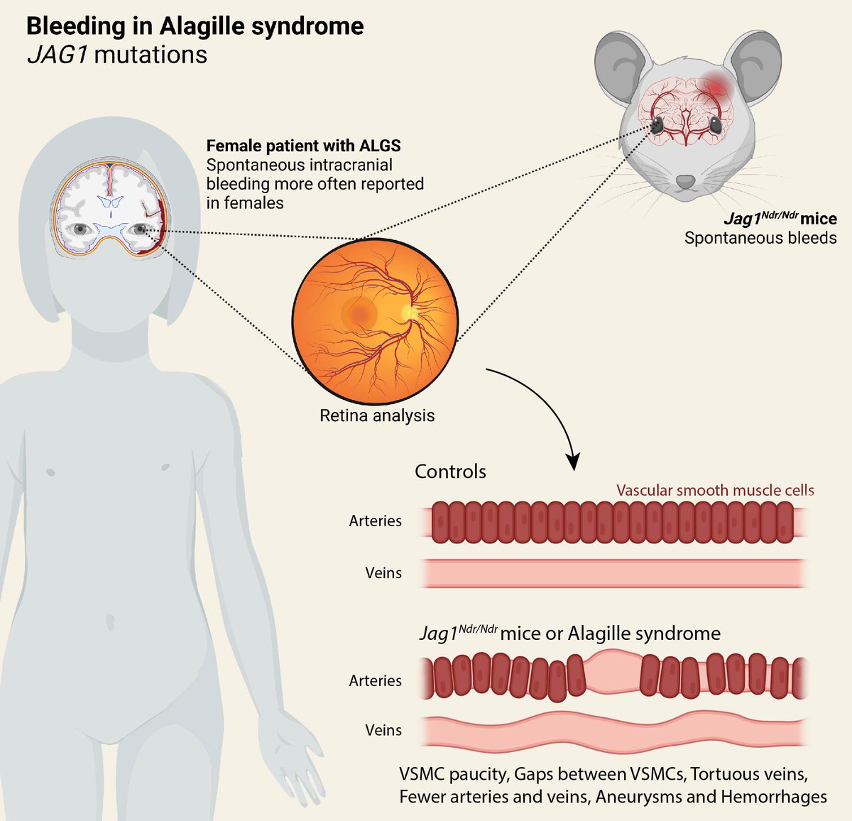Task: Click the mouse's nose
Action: coord(685,183)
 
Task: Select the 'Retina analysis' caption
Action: coord(377,415)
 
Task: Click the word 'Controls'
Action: coord(450,472)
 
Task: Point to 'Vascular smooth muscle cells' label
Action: coord(715,490)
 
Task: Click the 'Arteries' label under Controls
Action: coord(375,521)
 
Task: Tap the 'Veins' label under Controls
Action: coord(383,572)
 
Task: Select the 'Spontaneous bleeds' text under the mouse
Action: coord(760,238)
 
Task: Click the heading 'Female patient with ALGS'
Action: coord(303,146)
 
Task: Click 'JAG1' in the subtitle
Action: coord(57,55)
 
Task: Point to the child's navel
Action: coord(109,622)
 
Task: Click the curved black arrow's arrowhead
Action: coord(573,462)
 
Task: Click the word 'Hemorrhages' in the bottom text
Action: coord(773,796)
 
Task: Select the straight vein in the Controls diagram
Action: coord(615,572)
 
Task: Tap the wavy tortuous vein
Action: coord(615,732)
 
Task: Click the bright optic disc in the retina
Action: coord(408,312)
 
